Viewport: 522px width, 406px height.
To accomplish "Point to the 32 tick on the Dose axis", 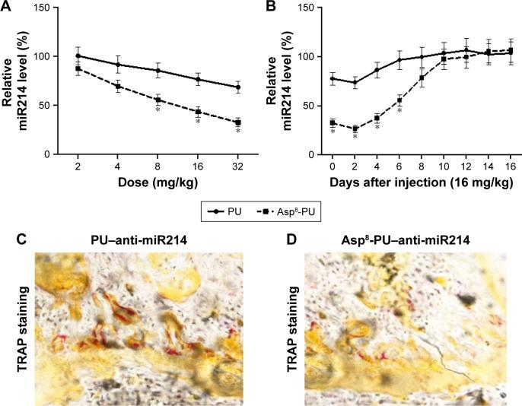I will click(x=238, y=167).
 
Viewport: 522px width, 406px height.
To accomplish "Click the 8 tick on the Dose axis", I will click(x=158, y=167).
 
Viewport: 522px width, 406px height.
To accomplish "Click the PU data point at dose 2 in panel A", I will click(x=78, y=56).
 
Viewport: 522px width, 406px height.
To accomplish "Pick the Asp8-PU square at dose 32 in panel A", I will click(x=238, y=122).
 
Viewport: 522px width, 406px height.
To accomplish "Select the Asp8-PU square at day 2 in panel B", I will click(x=355, y=129).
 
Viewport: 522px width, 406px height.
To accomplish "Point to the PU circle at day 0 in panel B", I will click(x=333, y=78).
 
